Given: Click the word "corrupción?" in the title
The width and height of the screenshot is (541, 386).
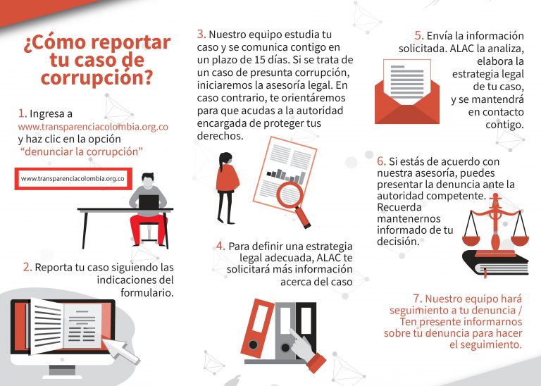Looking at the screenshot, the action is pyautogui.click(x=97, y=77).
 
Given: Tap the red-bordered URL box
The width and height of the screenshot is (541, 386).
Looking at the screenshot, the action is pyautogui.click(x=73, y=179).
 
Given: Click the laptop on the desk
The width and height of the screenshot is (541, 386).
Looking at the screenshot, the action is pyautogui.click(x=149, y=201).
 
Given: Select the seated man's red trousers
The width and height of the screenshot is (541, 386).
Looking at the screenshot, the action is pyautogui.click(x=148, y=229).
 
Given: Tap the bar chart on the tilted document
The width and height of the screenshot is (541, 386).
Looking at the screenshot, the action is pyautogui.click(x=287, y=175).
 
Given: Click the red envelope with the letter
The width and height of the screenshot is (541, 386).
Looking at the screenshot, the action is pyautogui.click(x=406, y=92).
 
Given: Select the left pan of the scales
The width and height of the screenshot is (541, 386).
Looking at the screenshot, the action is pyautogui.click(x=471, y=240).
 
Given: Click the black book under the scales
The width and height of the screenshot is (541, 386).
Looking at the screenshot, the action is pyautogui.click(x=495, y=263).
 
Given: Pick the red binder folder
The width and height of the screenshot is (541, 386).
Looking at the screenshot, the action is pyautogui.click(x=256, y=328).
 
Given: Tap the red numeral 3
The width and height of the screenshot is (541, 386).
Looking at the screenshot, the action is pyautogui.click(x=201, y=34).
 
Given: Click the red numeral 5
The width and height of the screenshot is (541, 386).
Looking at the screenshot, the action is pyautogui.click(x=419, y=35).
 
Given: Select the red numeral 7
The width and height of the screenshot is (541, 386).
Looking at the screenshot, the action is pyautogui.click(x=418, y=299).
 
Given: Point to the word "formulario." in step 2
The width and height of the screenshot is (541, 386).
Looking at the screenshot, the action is pyautogui.click(x=147, y=292).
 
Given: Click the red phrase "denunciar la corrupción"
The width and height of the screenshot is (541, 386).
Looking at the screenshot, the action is pyautogui.click(x=82, y=151).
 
